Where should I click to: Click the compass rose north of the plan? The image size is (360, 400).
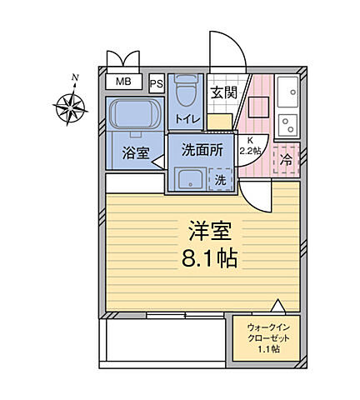pyautogui.click(x=72, y=106)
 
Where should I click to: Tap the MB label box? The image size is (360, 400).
pyautogui.click(x=123, y=82)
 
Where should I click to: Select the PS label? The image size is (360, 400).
pyautogui.click(x=157, y=82)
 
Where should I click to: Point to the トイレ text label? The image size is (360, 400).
pyautogui.click(x=187, y=119)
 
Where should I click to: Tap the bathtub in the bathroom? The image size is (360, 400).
pyautogui.click(x=134, y=115)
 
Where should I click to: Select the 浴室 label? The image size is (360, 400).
pyautogui.click(x=134, y=153)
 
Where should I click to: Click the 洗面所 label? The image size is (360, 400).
pyautogui.click(x=202, y=150)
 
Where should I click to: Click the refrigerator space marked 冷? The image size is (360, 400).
pyautogui.click(x=286, y=158)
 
